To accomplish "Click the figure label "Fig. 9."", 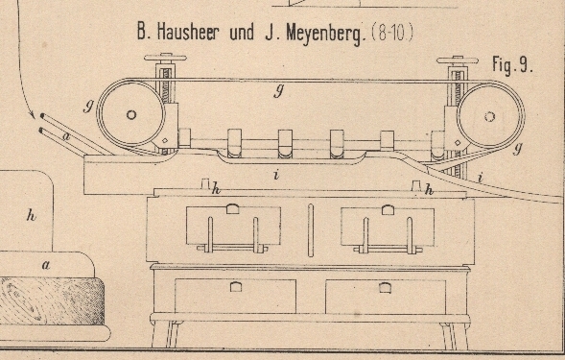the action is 512,65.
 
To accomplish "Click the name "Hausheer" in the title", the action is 187,32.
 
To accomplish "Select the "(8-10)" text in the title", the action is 391,33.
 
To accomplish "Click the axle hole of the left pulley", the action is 131,115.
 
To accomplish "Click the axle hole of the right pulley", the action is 489,116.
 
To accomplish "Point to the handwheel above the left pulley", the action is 165,58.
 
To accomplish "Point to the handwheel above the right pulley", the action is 458,60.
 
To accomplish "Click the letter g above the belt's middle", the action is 278,91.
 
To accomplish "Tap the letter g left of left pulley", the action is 88,106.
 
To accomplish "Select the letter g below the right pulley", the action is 517,147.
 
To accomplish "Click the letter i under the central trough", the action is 276,175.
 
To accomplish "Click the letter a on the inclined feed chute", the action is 66,136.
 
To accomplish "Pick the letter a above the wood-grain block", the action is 46,266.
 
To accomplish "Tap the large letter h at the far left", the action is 32,215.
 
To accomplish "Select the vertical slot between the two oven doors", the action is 311,230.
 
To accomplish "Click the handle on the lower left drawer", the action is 236,287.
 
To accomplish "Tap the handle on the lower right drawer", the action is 385,287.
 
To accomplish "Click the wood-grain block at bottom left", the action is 52,300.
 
